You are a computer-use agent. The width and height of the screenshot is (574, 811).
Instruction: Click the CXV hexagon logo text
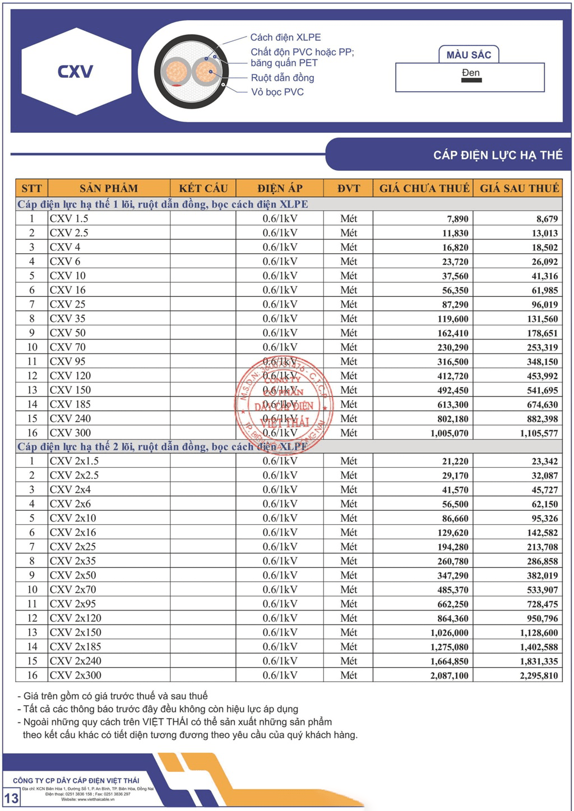[x=75, y=71]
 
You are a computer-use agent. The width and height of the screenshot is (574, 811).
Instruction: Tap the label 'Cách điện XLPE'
[x=285, y=38]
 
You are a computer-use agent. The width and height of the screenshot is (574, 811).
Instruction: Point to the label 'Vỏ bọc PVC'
[x=277, y=92]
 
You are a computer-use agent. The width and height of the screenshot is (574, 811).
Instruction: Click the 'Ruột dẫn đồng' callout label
[x=282, y=78]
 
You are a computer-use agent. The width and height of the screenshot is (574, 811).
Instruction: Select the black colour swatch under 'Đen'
[x=471, y=81]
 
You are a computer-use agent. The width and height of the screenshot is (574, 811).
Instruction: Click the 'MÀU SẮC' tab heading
[x=469, y=55]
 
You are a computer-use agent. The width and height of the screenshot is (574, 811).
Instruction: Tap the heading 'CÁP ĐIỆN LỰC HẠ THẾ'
[x=497, y=155]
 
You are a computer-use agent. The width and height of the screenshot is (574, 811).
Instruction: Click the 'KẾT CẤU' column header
[x=203, y=188]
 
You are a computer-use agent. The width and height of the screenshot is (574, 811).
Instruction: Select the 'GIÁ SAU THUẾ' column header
[x=519, y=188]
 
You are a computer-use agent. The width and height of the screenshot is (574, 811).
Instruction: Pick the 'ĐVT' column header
[x=348, y=188]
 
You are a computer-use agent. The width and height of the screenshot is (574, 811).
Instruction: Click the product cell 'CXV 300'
[x=70, y=433]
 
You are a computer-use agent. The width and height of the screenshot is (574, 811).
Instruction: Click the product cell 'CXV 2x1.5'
[x=74, y=461]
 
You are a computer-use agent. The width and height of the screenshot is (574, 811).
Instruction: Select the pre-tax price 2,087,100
[x=449, y=675]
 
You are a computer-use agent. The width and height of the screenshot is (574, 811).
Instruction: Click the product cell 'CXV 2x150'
[x=76, y=632]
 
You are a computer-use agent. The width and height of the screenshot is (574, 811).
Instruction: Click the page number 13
[x=11, y=798]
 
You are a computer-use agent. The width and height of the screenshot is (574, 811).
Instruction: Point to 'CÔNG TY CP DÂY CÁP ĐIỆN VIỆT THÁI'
[x=76, y=780]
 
